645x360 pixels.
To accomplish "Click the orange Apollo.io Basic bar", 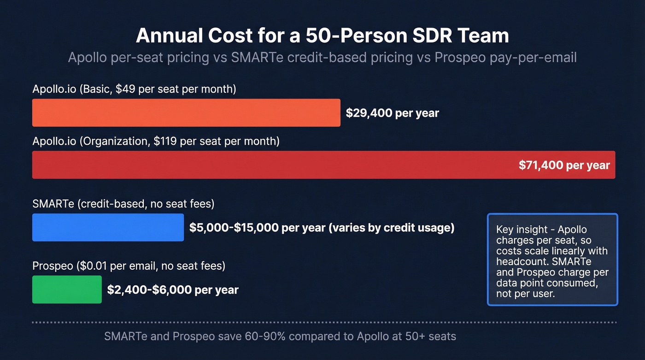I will [186, 112].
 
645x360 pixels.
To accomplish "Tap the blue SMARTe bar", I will [108, 227].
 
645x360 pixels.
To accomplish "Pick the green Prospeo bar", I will [67, 289].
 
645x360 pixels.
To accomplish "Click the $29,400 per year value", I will [393, 113].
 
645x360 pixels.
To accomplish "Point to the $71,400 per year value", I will [564, 165].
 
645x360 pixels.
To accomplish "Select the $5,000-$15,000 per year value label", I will [322, 227].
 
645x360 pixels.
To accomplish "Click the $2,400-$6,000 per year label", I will [173, 290].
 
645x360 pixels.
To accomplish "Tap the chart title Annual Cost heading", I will [322, 36].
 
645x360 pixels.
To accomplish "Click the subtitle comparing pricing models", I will [322, 58].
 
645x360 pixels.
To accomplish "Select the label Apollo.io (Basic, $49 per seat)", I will [134, 89].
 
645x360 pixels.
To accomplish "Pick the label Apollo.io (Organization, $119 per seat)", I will [156, 141].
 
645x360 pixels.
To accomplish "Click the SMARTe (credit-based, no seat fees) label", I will [123, 204].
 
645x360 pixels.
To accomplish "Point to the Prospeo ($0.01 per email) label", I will [129, 266].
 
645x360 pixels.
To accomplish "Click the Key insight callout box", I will [552, 260].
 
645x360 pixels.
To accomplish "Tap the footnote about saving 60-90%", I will [280, 336].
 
